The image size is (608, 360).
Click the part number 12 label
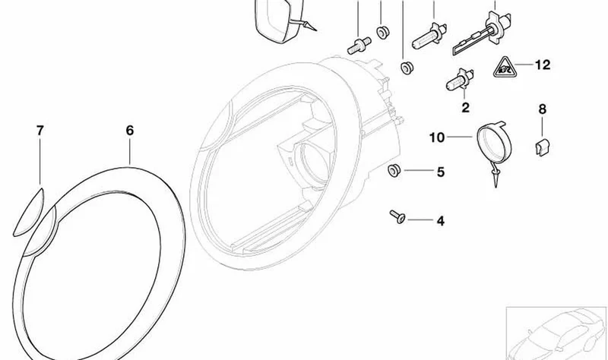coord(543,65)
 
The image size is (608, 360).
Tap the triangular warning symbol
coord(504,68)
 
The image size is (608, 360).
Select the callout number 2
coord(465,107)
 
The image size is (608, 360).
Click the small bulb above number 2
coord(460,81)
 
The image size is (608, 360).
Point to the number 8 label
coord(542,109)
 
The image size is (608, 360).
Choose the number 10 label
coord(436,137)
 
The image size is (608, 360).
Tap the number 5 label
coord(441,172)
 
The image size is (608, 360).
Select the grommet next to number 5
coord(394,170)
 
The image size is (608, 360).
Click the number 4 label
coord(441,221)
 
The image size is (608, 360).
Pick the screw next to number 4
coord(397,216)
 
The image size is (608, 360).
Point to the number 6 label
coord(130,130)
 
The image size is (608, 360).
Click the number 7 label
coord(40,131)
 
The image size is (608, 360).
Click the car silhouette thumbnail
coord(557,333)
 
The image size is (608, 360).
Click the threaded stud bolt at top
coord(359,45)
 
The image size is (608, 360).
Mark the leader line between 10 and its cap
coord(461,137)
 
